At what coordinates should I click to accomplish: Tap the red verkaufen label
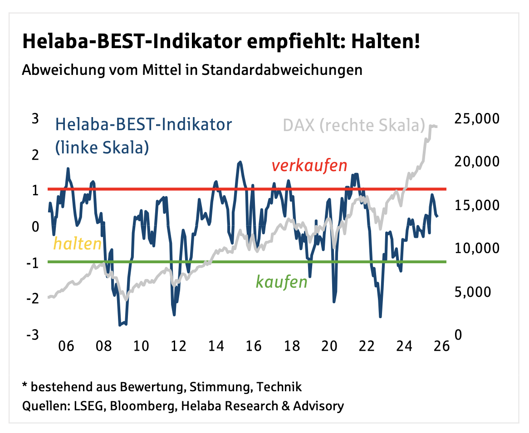pos(309,166)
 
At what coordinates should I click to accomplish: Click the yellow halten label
pos(77,244)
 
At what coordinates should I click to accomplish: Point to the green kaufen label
pos(281,282)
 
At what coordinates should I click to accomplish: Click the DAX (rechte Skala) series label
pos(354,125)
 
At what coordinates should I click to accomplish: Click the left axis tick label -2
pos(32,299)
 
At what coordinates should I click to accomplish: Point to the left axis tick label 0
pos(35,226)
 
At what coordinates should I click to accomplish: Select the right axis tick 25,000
pos(476,119)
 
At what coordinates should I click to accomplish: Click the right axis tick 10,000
pos(476,248)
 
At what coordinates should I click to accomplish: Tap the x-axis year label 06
pos(66,346)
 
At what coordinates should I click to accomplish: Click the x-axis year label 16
pos(254,346)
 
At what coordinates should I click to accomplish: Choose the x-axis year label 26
pos(441,346)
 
